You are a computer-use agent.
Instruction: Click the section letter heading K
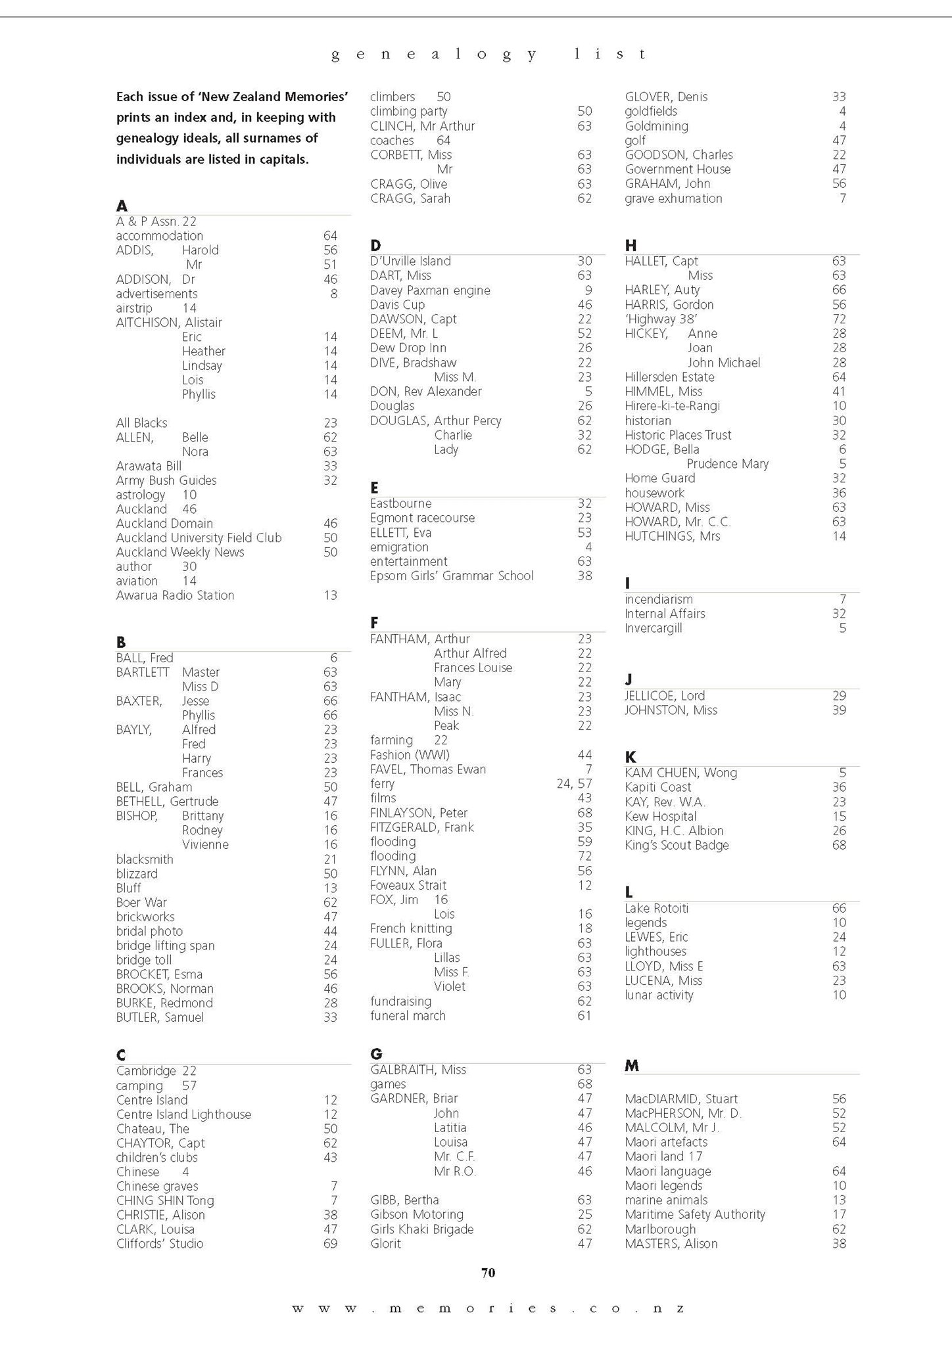pos(630,757)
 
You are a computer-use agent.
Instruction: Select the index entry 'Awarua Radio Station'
pos(175,595)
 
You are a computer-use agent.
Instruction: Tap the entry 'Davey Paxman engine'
pos(430,290)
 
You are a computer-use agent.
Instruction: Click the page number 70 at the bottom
pos(488,1273)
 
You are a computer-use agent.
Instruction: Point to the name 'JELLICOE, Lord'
pos(665,696)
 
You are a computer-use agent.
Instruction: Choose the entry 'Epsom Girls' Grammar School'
pos(452,576)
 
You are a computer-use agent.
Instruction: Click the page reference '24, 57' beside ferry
pos(574,783)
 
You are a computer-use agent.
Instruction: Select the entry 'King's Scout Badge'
pos(677,845)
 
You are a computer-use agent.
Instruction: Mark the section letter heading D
pos(375,246)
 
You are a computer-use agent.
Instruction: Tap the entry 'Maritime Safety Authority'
pos(695,1214)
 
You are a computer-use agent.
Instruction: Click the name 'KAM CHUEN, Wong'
pos(680,773)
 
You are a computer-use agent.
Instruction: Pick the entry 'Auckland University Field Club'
pos(199,537)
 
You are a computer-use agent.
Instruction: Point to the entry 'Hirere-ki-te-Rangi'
pos(672,406)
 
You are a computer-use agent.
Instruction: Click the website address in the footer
pos(488,1308)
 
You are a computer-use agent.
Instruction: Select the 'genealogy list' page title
pos(488,55)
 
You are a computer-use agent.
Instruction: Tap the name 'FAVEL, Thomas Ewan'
pos(428,769)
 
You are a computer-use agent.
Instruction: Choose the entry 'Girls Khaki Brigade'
pos(421,1229)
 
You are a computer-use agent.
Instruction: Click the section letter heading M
pos(631,1066)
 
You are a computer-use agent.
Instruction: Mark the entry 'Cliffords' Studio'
pos(160,1243)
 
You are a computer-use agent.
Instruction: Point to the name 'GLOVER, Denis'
pos(666,97)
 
